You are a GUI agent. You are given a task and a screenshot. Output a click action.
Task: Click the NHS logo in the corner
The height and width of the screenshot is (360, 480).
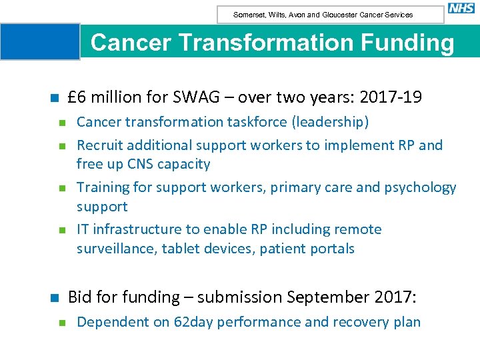(x=461, y=8)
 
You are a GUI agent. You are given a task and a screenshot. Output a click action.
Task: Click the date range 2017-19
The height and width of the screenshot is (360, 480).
(x=390, y=97)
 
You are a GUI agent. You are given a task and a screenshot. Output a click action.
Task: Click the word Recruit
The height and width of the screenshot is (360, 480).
(x=100, y=145)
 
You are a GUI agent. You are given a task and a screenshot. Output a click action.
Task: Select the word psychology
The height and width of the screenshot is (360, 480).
(x=420, y=187)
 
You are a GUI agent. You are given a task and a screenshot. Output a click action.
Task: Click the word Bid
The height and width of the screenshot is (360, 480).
(x=81, y=297)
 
